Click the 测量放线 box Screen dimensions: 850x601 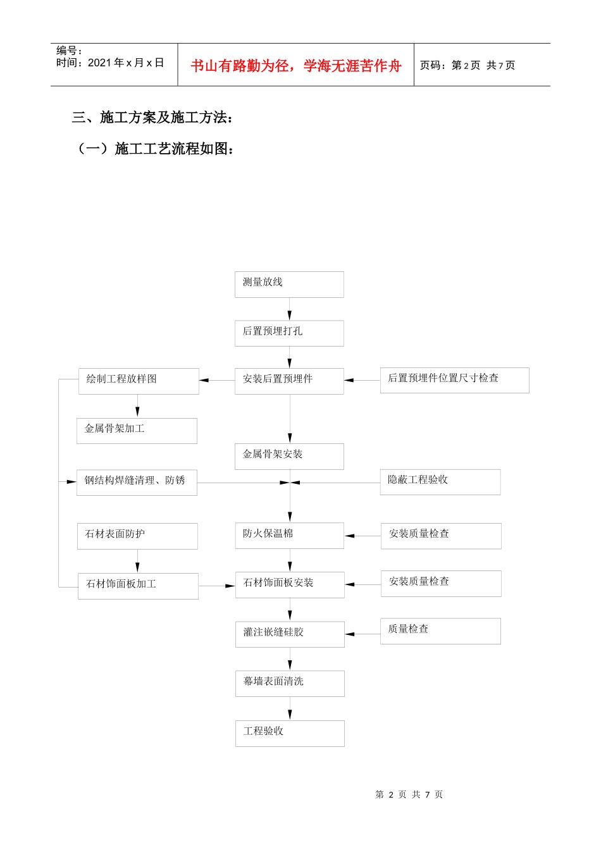(289, 285)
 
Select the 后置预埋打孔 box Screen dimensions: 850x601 (289, 333)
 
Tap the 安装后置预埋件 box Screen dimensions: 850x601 (289, 381)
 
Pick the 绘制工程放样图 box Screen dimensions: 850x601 (139, 381)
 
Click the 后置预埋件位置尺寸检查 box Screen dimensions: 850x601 (454, 380)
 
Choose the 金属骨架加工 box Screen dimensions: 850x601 (137, 431)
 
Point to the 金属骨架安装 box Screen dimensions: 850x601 (289, 457)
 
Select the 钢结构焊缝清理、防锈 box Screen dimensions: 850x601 (137, 483)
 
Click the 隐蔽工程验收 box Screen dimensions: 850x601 (440, 482)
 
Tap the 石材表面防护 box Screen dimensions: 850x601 (137, 536)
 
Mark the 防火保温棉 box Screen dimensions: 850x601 (289, 536)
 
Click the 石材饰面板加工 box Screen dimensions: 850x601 (138, 586)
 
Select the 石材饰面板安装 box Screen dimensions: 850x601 (290, 585)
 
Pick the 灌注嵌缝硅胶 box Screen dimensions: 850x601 (290, 634)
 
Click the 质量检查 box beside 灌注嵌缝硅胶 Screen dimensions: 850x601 (440, 631)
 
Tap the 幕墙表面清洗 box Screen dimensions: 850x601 (290, 684)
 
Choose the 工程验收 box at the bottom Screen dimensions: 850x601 (290, 734)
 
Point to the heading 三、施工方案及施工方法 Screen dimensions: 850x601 (152, 118)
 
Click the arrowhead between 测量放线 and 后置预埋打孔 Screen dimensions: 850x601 (290, 315)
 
